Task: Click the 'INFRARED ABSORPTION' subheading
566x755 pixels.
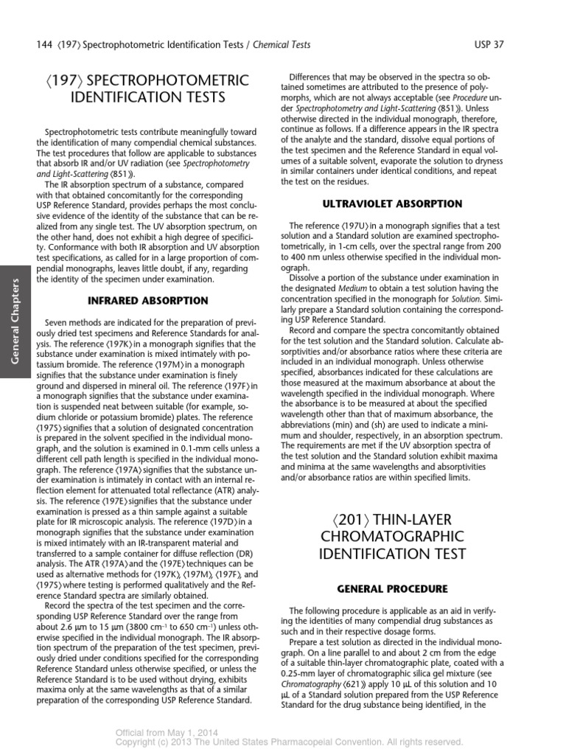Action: click(148, 301)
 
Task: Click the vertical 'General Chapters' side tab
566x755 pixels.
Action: click(15, 319)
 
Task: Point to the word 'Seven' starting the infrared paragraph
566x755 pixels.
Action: click(58, 323)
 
